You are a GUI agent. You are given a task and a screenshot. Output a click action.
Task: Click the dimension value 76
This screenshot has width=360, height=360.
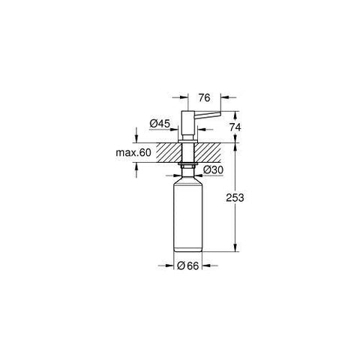click(x=204, y=97)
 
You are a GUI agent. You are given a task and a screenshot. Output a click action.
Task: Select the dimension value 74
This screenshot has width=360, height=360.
click(x=235, y=127)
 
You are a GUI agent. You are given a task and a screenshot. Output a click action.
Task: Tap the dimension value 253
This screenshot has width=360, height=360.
click(x=235, y=197)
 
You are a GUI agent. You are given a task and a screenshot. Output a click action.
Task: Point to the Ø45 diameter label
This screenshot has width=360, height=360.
click(x=160, y=124)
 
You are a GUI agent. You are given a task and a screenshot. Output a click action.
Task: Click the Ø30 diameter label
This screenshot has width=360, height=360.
click(x=213, y=170)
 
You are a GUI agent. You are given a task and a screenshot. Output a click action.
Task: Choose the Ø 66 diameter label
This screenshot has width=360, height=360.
click(x=187, y=265)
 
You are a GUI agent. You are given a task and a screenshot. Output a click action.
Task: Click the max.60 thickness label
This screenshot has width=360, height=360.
click(x=133, y=152)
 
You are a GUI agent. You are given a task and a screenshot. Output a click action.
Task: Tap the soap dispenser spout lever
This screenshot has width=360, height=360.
click(x=208, y=115)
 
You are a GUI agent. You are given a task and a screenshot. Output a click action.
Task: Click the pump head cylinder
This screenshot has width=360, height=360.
click(x=188, y=123)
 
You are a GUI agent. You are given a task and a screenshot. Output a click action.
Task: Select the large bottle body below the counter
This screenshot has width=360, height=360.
click(x=187, y=217)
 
